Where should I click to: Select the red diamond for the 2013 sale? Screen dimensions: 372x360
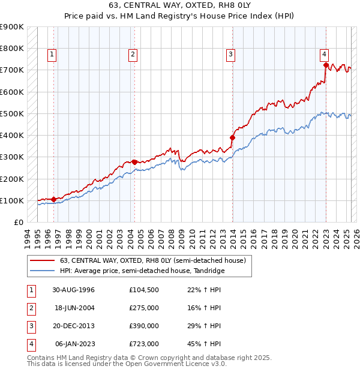tap(232, 137)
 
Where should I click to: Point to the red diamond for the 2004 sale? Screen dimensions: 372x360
tap(134, 161)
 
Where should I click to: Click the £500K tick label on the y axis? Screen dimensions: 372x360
tap(13, 113)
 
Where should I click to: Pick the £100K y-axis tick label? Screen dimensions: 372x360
tap(13, 200)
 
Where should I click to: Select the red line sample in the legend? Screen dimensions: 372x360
tap(43, 260)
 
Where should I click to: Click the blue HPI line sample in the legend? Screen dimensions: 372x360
tap(43, 271)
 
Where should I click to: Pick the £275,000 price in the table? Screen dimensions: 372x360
tap(143, 308)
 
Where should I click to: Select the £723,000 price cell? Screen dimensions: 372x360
tap(143, 344)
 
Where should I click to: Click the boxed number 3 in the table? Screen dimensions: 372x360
tap(31, 326)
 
